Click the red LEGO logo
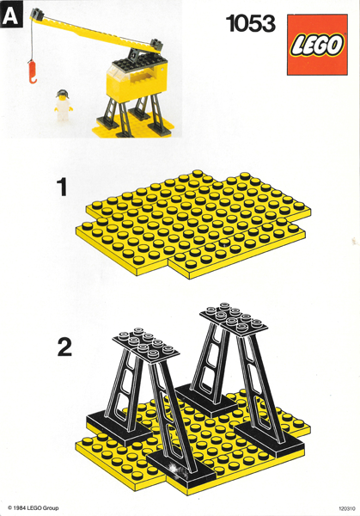[317, 44]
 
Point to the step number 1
[61, 187]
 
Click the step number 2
[64, 348]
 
